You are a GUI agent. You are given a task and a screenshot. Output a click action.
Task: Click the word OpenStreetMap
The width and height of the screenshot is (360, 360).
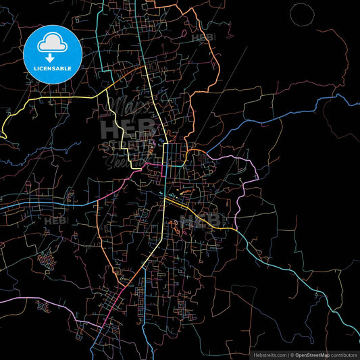point(311,355)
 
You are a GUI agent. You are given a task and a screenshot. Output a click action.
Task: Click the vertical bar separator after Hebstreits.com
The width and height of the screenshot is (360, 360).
point(286,355)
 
